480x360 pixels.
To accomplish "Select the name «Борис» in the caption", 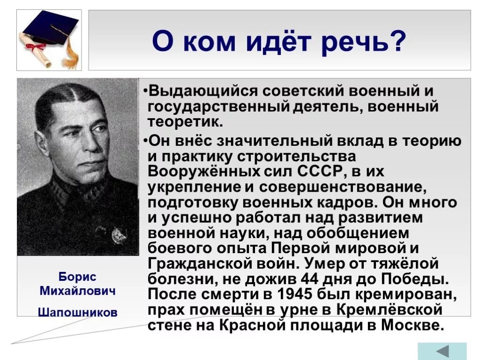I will [77, 277].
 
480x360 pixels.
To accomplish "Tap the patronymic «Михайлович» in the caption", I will [77, 292].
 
